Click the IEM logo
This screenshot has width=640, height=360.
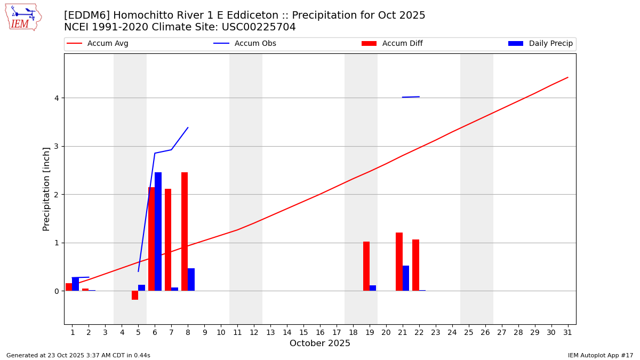[23, 17]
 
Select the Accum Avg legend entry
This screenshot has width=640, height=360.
[98, 44]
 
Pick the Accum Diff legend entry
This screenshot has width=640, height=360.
[392, 44]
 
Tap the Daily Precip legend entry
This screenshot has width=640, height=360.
[541, 44]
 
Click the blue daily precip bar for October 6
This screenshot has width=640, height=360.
[158, 231]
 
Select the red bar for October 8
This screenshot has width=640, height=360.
[185, 231]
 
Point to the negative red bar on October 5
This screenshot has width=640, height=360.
[135, 295]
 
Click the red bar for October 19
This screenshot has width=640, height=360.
[366, 266]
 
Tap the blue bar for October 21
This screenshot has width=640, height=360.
[406, 278]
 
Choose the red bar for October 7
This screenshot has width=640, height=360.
[168, 240]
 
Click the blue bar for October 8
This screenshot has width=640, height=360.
[191, 279]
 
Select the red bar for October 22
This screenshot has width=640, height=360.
[415, 265]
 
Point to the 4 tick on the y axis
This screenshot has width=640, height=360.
[55, 98]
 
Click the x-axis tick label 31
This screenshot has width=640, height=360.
[567, 333]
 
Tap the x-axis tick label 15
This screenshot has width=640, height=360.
[303, 333]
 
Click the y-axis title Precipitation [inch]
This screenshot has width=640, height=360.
[46, 189]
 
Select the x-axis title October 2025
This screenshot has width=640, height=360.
[320, 343]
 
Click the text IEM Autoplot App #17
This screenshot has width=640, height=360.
[600, 355]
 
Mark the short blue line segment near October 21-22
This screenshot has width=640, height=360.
[411, 97]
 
